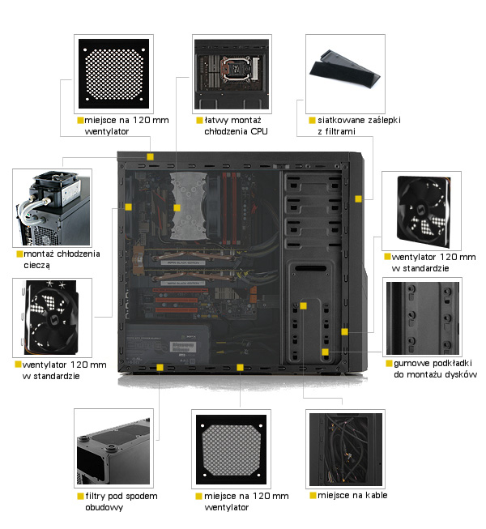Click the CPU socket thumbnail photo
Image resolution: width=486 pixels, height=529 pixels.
(x=232, y=74)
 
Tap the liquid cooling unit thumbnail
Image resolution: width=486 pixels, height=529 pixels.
(x=53, y=208)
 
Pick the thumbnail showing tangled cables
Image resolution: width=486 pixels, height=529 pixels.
(x=345, y=449)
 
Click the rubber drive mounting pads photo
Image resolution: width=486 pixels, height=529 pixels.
(x=422, y=317)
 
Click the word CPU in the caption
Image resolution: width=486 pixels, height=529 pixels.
(x=259, y=131)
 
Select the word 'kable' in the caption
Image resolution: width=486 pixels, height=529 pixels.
(x=377, y=495)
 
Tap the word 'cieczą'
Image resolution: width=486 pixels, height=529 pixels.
(x=36, y=265)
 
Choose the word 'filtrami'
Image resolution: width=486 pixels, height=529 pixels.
(x=340, y=131)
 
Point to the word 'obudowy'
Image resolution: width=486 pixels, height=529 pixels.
(x=104, y=507)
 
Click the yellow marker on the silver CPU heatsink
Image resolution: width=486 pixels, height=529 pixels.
(x=177, y=208)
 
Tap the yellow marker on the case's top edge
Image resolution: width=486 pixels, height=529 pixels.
(x=150, y=156)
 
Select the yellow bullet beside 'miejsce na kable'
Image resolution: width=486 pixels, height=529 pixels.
(x=313, y=495)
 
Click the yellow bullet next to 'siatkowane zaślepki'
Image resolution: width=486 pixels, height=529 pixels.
(x=312, y=120)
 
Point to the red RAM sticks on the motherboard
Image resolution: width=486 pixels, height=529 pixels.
(x=229, y=208)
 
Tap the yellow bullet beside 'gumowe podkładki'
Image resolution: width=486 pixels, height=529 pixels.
(x=389, y=363)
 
